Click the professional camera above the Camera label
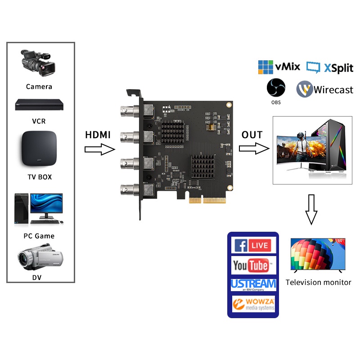[39, 63]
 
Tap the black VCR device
[40, 105]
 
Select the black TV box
[39, 149]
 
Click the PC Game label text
[39, 236]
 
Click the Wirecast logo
[324, 89]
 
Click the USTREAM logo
[253, 284]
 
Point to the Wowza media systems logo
[253, 304]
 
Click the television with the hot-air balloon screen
[318, 255]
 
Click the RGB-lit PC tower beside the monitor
[333, 147]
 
